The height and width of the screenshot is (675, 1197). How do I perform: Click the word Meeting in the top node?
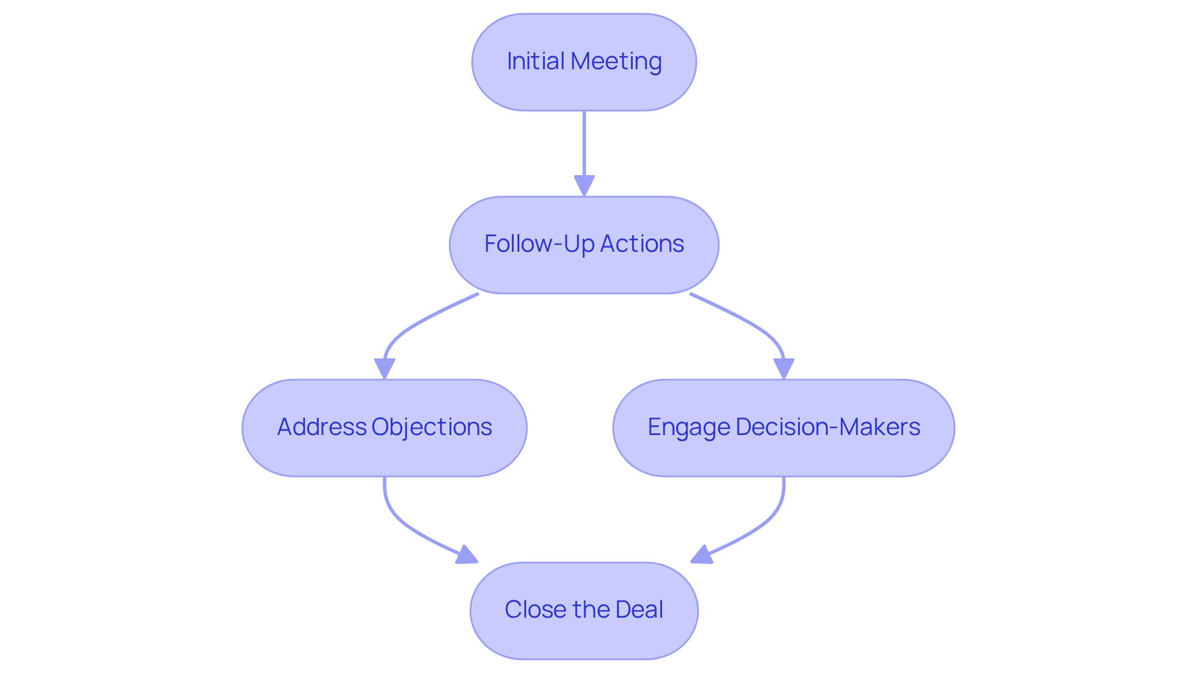616,61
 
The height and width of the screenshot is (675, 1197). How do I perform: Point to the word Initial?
536,61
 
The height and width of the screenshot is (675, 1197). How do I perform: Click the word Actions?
642,244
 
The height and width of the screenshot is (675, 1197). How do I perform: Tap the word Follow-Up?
539,244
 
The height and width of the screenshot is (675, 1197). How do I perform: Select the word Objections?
431,427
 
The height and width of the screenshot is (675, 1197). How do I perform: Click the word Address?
322,427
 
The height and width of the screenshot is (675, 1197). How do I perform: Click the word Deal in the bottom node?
639,610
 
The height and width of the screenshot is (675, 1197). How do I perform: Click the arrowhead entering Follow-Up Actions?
584,185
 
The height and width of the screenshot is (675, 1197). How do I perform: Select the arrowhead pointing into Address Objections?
384,368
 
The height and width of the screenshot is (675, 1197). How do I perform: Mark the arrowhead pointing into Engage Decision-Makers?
784,368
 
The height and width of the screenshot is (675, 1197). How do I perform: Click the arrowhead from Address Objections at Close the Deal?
468,555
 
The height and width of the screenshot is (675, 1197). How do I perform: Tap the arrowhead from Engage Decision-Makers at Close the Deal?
701,555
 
